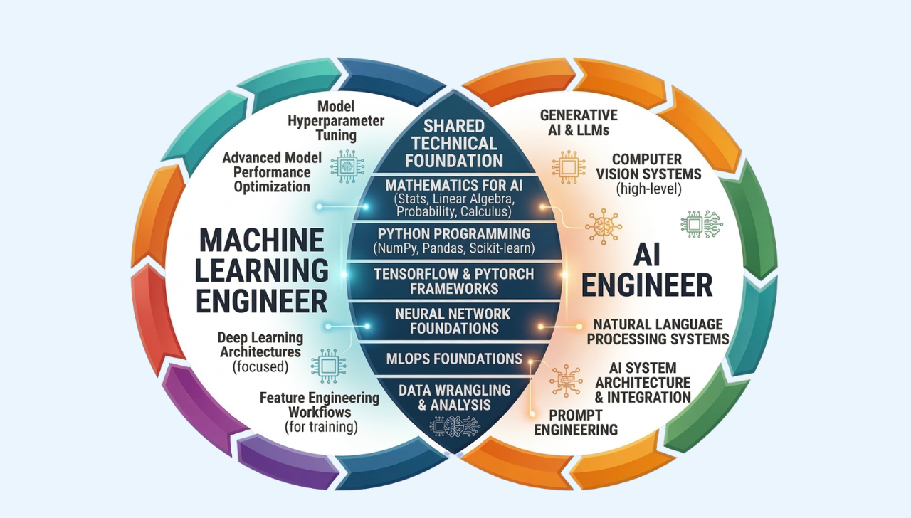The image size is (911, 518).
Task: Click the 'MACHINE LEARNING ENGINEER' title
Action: [x=261, y=271]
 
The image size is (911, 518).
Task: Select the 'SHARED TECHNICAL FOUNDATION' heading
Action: [x=453, y=143]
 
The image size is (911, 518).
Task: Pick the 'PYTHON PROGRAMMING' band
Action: [x=453, y=240]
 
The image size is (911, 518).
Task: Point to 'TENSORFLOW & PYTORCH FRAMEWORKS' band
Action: [x=453, y=282]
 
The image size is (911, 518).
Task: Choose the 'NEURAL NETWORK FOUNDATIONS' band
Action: [x=453, y=321]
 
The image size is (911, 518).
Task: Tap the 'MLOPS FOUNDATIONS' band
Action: [x=453, y=358]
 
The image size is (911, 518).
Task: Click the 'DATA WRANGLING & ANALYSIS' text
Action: [x=453, y=397]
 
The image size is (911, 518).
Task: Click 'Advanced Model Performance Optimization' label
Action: [x=272, y=171]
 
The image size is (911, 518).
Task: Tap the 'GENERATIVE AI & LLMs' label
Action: [x=579, y=122]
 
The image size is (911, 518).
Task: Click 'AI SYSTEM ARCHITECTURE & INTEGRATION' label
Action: [x=650, y=382]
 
